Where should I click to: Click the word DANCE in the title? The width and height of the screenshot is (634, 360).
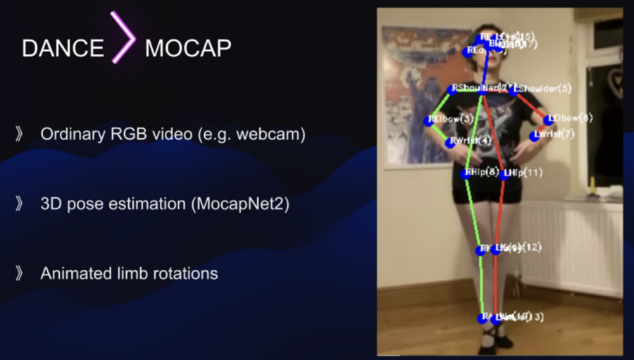(63, 48)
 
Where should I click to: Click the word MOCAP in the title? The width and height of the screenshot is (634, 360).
(188, 48)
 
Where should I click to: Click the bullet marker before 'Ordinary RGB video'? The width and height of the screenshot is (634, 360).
(19, 134)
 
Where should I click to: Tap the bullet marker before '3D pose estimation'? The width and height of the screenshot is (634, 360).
(19, 204)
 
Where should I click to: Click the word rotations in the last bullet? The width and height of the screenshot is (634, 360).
(187, 273)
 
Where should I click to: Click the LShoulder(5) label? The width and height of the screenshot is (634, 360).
(544, 89)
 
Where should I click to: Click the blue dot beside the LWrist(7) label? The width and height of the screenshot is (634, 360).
(534, 136)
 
